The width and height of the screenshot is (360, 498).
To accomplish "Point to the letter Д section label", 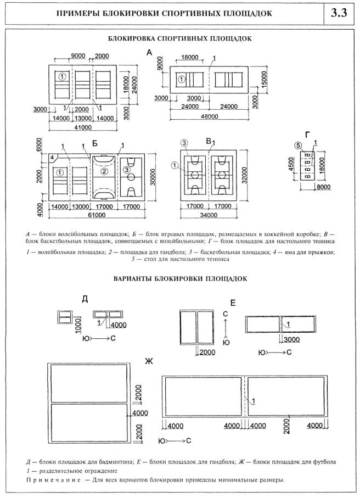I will (x=85, y=299).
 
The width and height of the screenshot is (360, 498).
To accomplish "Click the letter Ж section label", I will (x=148, y=361).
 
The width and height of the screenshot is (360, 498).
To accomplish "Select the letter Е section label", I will (x=233, y=303).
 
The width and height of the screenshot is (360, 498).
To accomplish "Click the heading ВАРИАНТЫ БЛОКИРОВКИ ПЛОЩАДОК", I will (x=180, y=278).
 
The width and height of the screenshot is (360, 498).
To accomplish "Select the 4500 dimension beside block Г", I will (x=291, y=164).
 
